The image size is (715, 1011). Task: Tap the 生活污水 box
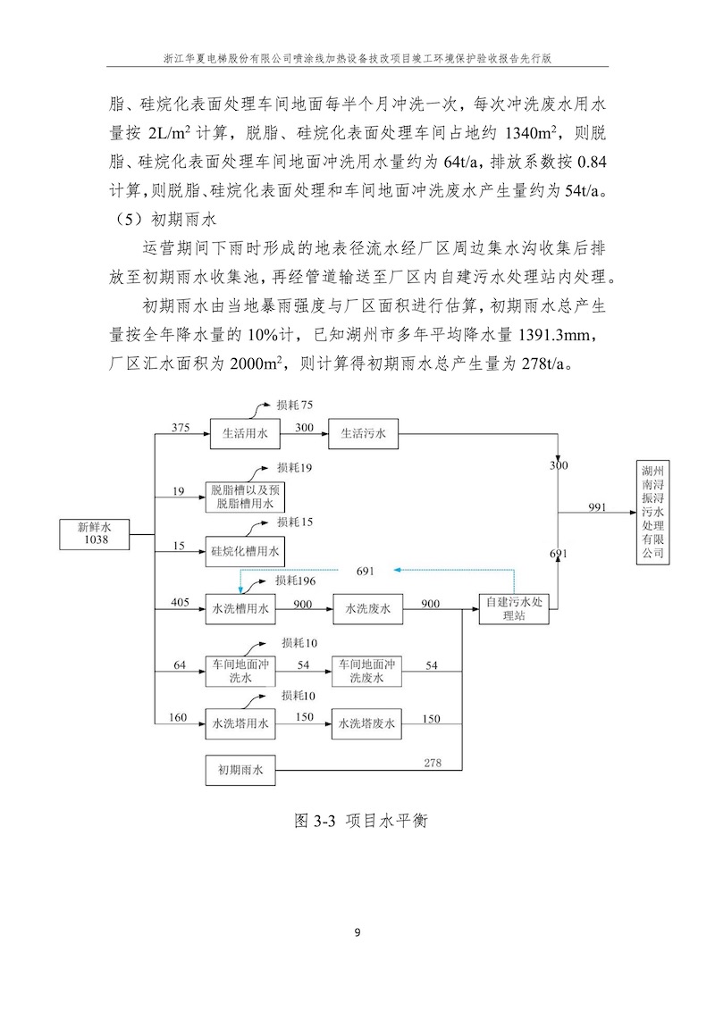[363, 434]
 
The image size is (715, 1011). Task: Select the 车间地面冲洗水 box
[240, 672]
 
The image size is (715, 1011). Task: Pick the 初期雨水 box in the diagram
[240, 770]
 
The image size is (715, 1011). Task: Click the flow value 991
[597, 506]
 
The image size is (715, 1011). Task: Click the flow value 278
[433, 761]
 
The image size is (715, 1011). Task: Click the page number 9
[357, 934]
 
